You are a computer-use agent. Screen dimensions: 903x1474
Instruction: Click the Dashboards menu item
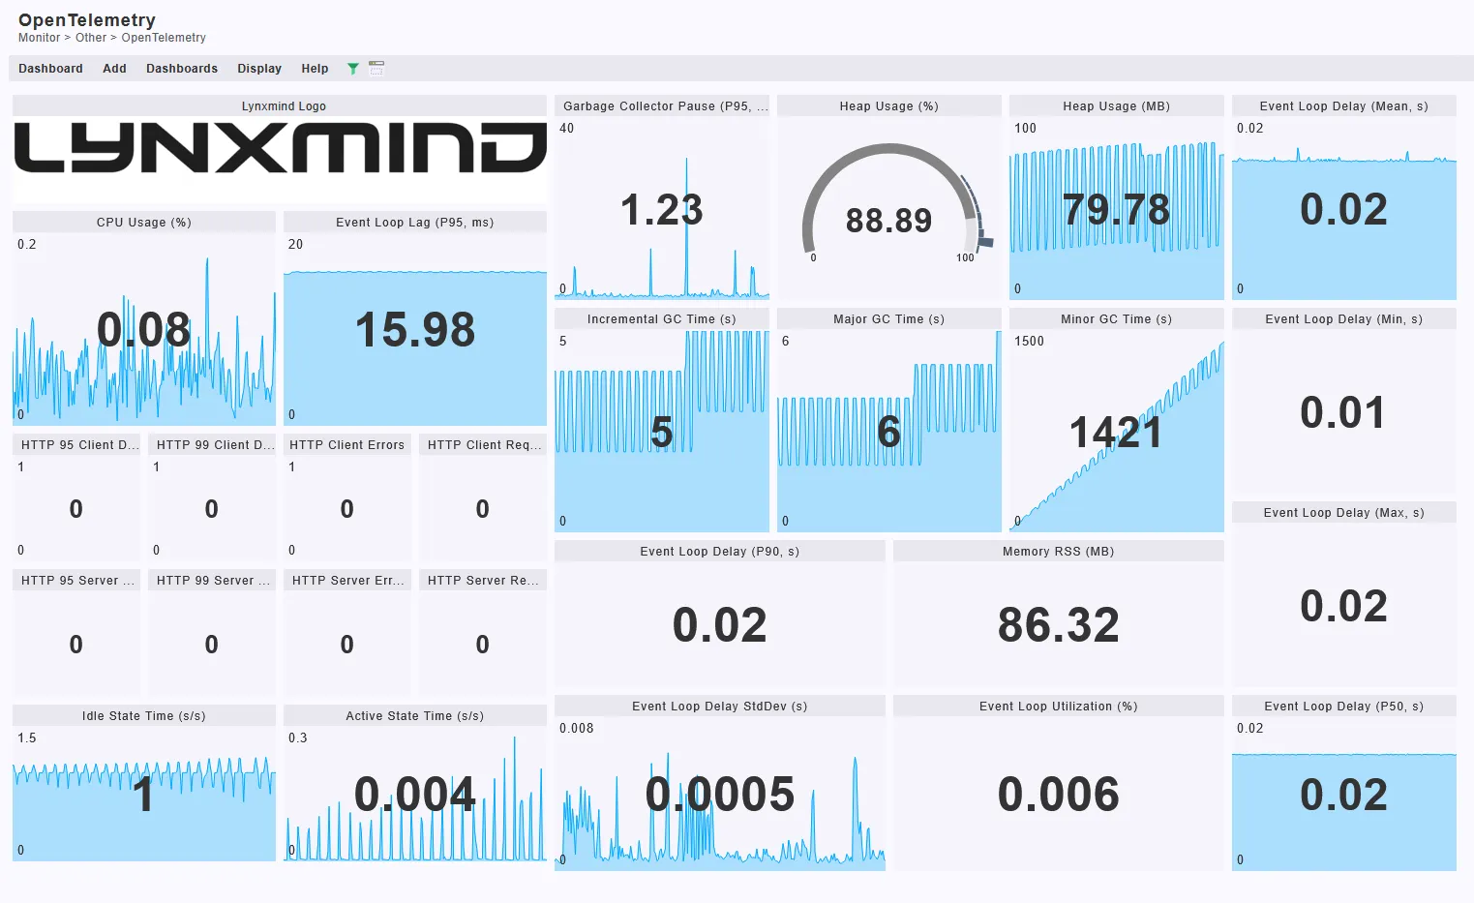click(181, 69)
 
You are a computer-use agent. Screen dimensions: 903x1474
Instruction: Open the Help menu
click(315, 69)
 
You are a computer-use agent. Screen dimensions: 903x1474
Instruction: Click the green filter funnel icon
click(353, 69)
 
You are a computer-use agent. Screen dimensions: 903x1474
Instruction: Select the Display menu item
click(259, 69)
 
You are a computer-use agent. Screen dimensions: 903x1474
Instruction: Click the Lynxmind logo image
click(280, 149)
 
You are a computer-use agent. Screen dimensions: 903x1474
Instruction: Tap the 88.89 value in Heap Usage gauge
click(888, 221)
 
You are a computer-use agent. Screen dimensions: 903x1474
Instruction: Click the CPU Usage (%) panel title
click(143, 223)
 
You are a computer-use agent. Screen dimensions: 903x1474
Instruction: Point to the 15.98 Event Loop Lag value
click(415, 330)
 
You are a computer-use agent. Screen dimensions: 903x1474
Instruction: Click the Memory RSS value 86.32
click(1058, 625)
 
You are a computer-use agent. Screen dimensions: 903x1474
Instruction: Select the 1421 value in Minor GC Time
click(1115, 433)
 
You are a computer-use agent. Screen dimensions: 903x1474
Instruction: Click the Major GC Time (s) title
click(888, 319)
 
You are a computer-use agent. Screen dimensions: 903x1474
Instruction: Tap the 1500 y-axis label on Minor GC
click(1029, 342)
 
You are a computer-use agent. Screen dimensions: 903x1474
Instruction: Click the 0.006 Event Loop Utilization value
click(1058, 795)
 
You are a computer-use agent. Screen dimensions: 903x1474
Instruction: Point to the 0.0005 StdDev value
click(719, 795)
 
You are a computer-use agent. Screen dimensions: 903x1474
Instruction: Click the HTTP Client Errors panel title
click(346, 445)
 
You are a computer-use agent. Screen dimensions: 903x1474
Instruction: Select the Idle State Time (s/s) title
click(143, 716)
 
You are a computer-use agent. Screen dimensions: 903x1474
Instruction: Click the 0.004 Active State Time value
click(415, 795)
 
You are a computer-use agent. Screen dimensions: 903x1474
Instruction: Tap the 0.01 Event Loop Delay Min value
click(1342, 413)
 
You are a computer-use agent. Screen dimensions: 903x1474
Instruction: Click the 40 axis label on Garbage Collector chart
click(566, 129)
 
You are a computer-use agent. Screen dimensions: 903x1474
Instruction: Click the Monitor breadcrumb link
click(39, 38)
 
